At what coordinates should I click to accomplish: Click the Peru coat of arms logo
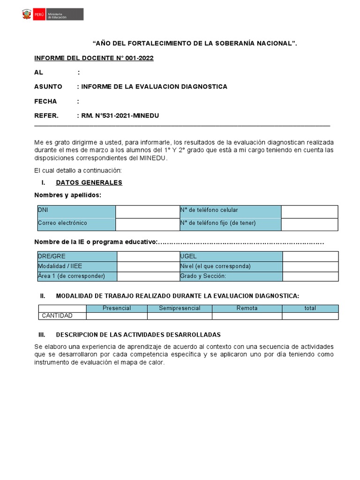point(26,15)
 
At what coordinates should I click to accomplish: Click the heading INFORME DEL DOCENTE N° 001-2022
point(94,58)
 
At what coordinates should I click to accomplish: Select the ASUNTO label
point(48,87)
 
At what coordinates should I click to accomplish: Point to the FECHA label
point(45,101)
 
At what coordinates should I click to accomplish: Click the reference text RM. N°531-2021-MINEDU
point(120,116)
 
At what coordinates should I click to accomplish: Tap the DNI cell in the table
point(76,211)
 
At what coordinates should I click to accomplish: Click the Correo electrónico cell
point(76,224)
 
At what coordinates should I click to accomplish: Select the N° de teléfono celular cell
point(230,211)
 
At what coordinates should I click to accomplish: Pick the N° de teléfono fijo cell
point(230,224)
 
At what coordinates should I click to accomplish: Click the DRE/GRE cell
point(77,256)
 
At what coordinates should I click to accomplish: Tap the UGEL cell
point(231,256)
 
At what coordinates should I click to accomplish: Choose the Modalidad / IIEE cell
point(77,266)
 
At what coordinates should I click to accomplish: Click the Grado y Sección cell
point(231,276)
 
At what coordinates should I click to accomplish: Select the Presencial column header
point(117,308)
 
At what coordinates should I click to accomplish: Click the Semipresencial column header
point(180,308)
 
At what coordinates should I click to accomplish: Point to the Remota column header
point(247,308)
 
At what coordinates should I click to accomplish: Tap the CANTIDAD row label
point(57,315)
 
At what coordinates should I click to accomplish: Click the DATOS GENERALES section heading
point(89,183)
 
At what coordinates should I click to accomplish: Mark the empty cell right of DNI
point(147,211)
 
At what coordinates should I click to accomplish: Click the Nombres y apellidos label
point(67,195)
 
